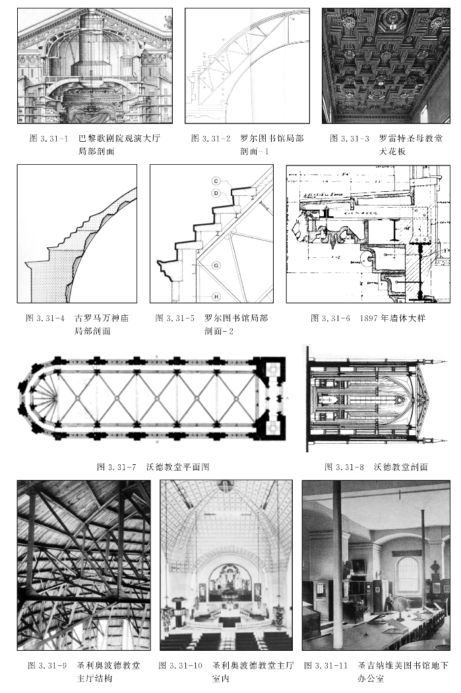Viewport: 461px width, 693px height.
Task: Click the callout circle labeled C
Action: click(216, 181)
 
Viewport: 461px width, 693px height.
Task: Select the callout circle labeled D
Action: click(216, 193)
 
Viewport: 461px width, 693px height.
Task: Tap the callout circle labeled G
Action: click(216, 265)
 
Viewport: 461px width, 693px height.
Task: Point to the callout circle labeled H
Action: click(216, 295)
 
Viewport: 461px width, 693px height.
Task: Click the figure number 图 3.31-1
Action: click(49, 139)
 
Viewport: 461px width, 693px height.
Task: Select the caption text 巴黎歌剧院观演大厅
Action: click(119, 139)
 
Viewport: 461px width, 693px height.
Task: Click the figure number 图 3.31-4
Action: click(45, 318)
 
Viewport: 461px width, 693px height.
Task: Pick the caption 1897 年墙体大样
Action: click(393, 318)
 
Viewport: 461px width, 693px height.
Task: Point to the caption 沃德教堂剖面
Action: click(400, 467)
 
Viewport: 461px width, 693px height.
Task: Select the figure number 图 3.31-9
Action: click(47, 665)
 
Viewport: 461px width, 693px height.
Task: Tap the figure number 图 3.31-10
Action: click(181, 665)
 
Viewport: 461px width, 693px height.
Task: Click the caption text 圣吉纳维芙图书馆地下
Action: click(404, 665)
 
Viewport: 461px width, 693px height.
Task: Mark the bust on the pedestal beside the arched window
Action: click(436, 568)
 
